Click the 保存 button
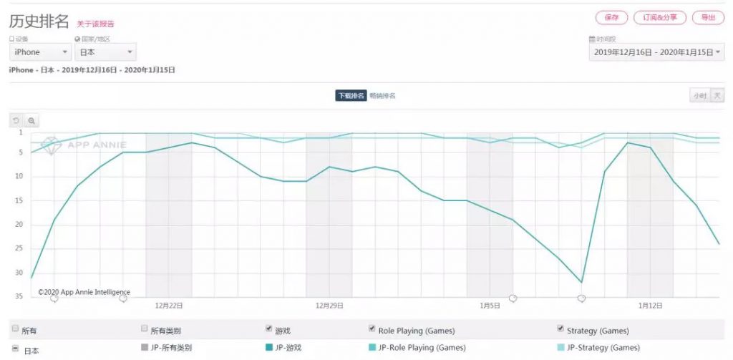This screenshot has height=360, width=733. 611,17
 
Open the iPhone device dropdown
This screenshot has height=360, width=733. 40,52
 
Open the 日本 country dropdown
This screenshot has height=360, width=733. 105,52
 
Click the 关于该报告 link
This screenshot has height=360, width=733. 95,24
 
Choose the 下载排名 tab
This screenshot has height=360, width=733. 351,96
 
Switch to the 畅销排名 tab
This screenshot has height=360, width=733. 383,96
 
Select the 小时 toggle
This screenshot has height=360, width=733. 699,96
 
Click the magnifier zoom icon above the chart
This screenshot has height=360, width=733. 31,121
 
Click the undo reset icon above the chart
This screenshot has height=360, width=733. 16,121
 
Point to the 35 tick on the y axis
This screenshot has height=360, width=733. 19,296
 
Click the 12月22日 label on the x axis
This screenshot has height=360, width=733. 169,306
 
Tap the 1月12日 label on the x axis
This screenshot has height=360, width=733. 650,306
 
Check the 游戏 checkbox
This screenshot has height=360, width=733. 269,329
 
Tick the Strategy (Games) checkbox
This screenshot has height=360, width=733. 560,329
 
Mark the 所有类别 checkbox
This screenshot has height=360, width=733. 145,329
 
